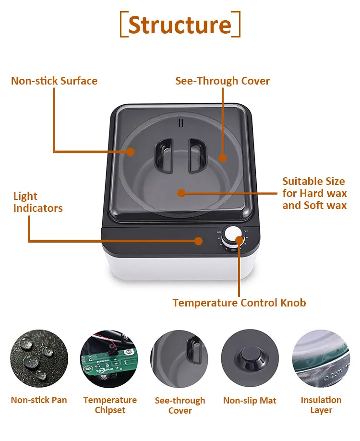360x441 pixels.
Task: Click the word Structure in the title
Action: pos(180,24)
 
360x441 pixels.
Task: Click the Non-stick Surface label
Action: pos(54,81)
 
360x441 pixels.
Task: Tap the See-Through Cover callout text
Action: pos(223,81)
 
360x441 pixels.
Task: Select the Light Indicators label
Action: pos(38,202)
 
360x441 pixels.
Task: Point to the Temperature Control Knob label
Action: pos(239,303)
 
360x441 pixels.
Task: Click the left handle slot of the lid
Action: pos(163,155)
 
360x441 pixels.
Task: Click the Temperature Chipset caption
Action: pos(110,405)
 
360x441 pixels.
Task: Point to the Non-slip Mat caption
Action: pos(250,400)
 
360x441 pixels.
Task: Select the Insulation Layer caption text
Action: pos(321,405)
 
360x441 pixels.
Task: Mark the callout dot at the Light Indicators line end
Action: pos(199,241)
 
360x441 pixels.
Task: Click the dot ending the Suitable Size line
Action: pos(181,193)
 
